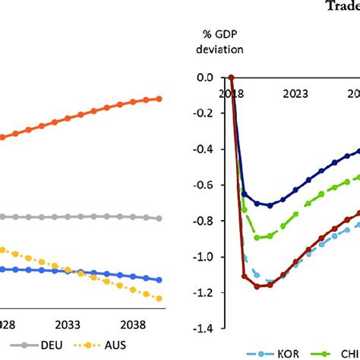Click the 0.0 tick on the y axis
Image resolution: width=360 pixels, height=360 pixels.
tap(204, 77)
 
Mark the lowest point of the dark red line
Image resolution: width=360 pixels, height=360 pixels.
tap(257, 286)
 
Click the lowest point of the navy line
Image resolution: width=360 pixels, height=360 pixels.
tap(269, 205)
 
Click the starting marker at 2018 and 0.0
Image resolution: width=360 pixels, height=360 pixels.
tap(232, 77)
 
